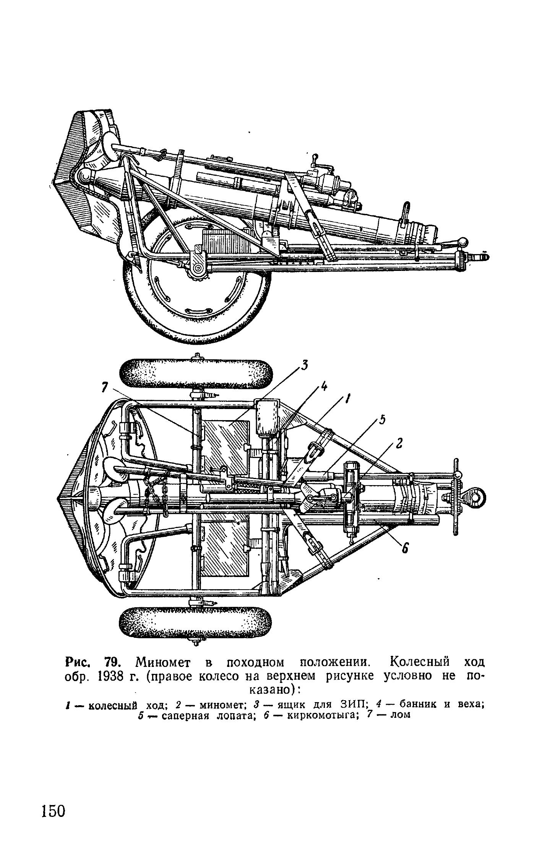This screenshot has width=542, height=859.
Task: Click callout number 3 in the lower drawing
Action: click(x=304, y=366)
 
